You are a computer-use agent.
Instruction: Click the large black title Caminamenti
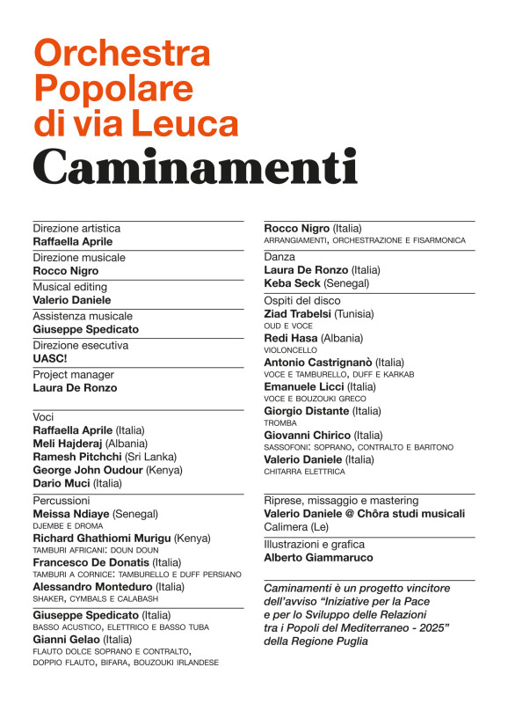(x=195, y=167)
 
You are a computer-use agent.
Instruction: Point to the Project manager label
(x=69, y=374)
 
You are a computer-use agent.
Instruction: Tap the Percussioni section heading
(x=62, y=500)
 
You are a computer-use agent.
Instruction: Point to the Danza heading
(x=279, y=256)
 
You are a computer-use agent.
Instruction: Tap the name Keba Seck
(x=292, y=283)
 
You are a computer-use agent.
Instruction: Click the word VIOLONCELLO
(x=290, y=350)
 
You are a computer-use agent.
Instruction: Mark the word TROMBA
(x=280, y=423)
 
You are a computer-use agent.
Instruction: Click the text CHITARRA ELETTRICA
(x=304, y=472)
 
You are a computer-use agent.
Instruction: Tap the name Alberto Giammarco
(x=318, y=557)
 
